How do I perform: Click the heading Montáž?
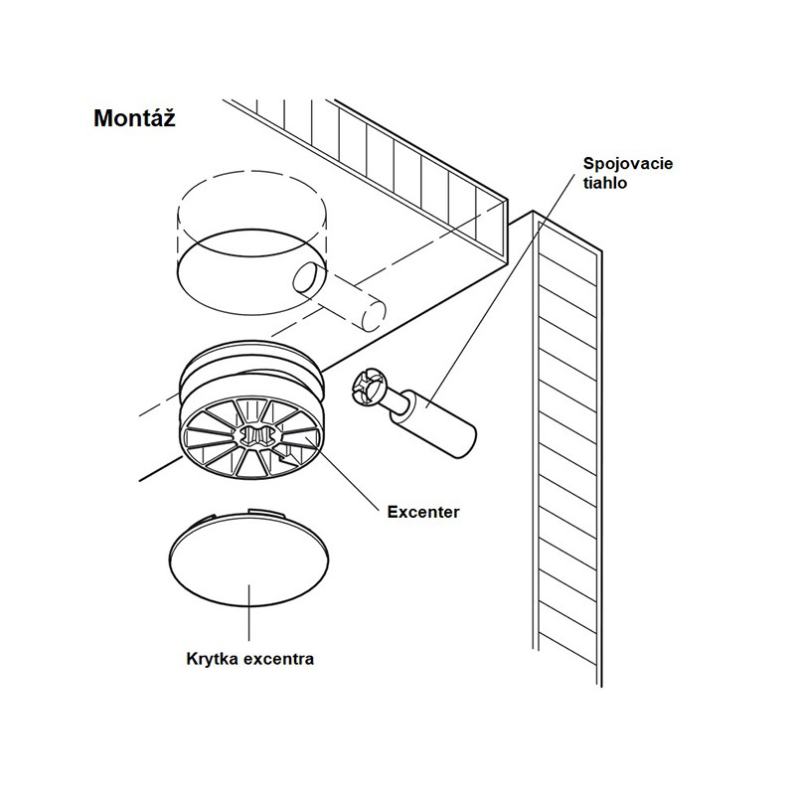[135, 118]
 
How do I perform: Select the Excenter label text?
[422, 513]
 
